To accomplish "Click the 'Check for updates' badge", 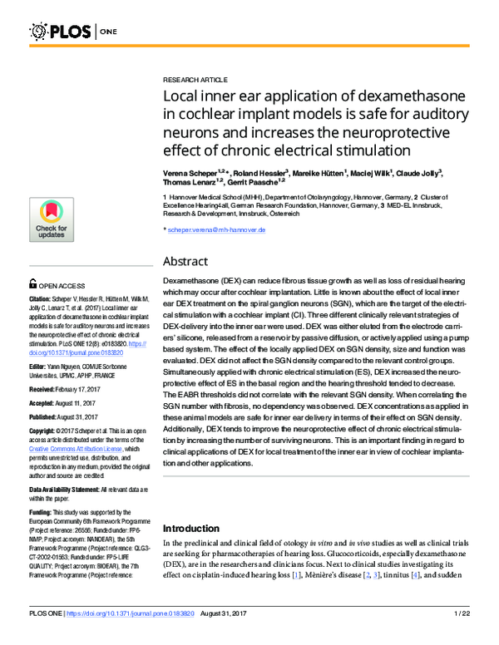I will point(51,219).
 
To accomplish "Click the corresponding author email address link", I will point(216,229).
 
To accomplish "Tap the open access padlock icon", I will point(33,283).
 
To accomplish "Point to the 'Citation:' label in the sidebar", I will point(40,298).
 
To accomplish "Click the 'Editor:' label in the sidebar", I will point(37,367).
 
